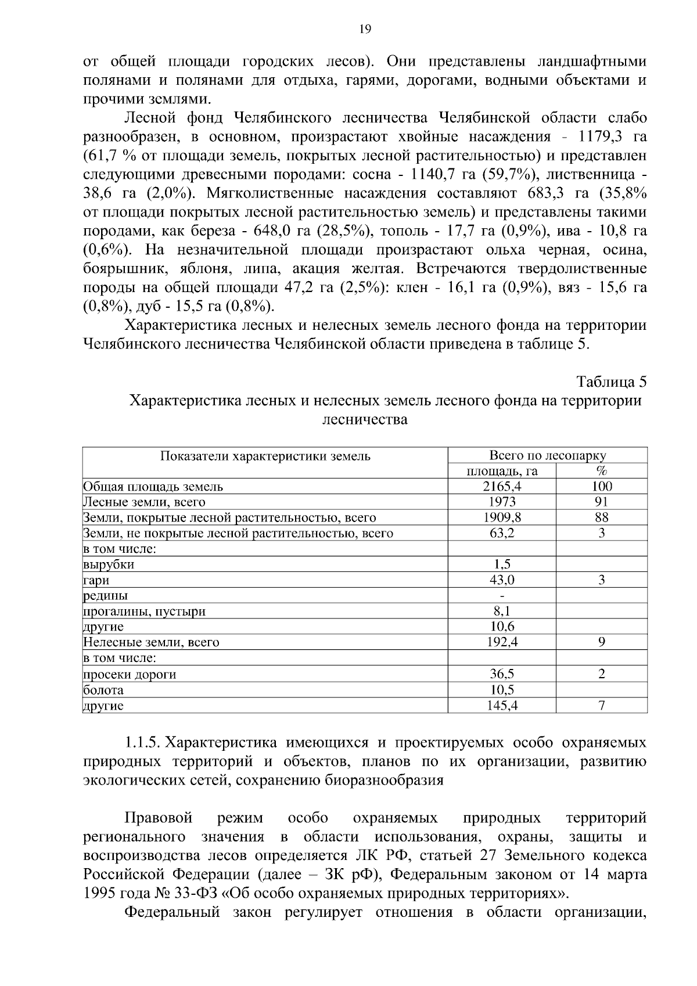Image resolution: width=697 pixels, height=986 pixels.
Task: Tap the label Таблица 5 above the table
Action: tap(611, 382)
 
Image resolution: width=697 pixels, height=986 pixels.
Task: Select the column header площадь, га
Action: tap(502, 471)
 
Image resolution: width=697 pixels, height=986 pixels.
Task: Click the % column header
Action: tap(601, 471)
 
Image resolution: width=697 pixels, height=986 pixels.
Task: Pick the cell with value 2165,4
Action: tap(502, 487)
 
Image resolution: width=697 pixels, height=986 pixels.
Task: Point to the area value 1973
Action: tap(502, 502)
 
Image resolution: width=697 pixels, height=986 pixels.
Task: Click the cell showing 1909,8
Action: tap(502, 517)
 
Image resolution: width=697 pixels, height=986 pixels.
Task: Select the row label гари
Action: tap(96, 580)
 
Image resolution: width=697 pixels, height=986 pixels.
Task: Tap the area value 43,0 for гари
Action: tap(502, 580)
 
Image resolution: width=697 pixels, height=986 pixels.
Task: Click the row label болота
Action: tap(103, 690)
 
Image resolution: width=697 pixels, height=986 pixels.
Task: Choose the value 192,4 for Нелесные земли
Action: tap(502, 642)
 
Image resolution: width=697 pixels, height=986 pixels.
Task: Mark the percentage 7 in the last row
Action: tap(602, 706)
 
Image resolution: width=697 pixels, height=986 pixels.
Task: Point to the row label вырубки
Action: tap(109, 564)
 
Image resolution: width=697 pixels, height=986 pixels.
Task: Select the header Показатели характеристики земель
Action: tap(265, 456)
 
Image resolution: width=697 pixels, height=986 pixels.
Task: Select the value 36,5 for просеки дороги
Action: tap(502, 674)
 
